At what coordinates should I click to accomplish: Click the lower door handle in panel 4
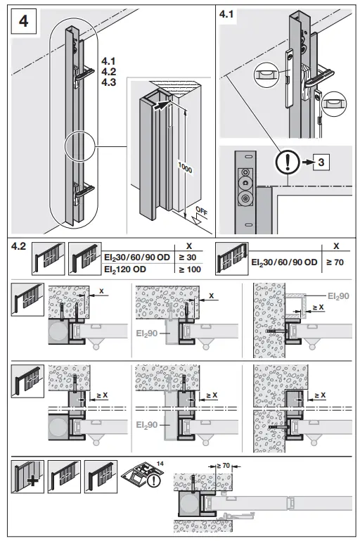[x=85, y=189]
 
